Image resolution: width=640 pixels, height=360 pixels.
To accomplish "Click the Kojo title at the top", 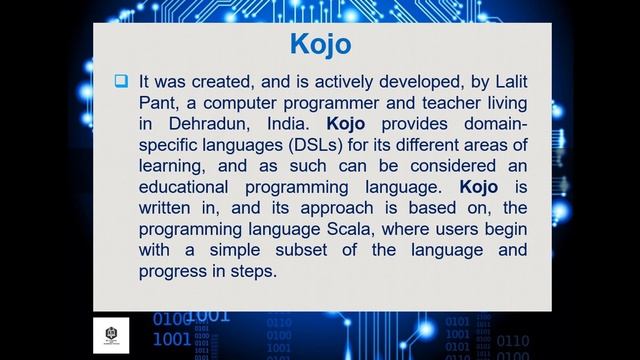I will (320, 44).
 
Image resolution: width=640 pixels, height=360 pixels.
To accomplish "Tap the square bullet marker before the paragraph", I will (121, 81).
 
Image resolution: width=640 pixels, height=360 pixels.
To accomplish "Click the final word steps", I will (251, 272).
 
